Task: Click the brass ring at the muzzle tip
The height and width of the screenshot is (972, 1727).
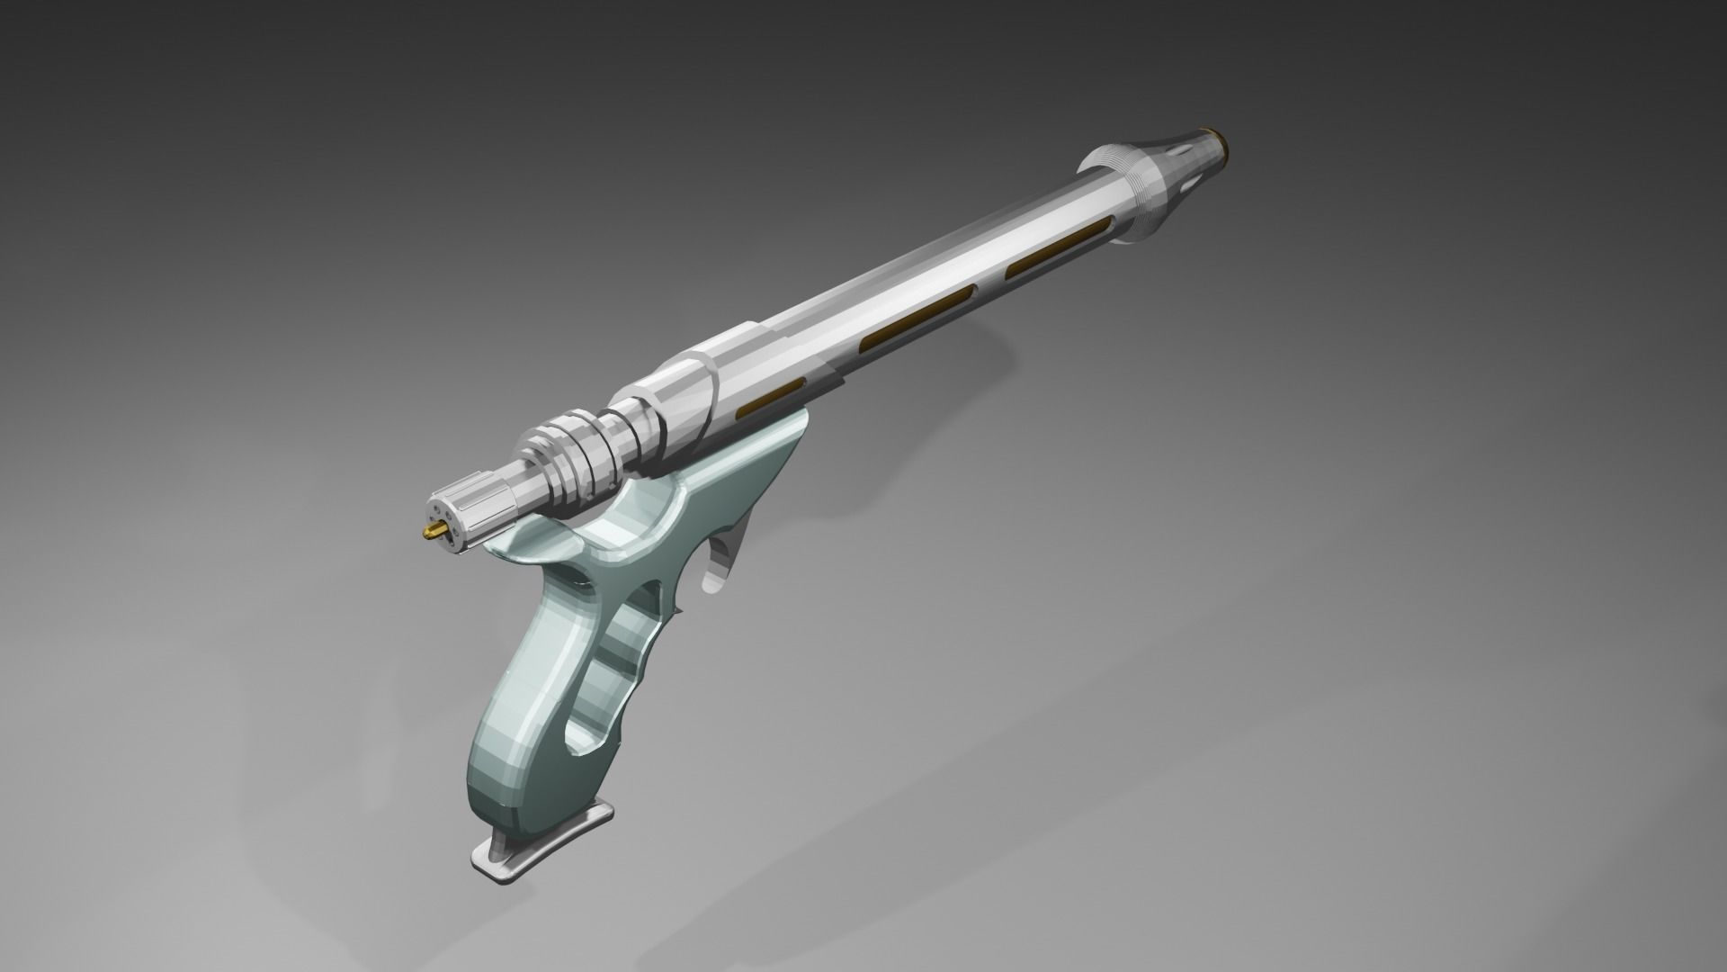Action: click(x=1223, y=142)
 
